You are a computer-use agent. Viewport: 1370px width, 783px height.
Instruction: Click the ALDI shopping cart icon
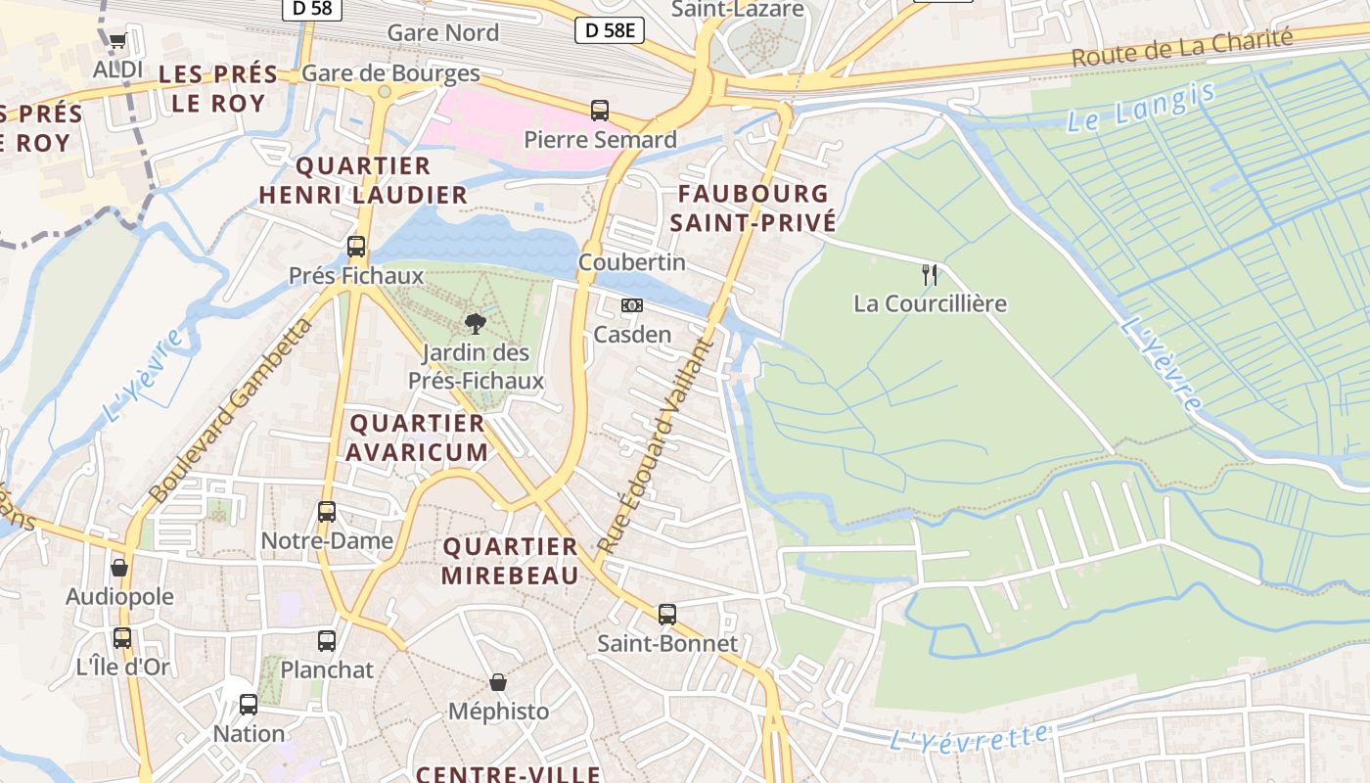coord(117,41)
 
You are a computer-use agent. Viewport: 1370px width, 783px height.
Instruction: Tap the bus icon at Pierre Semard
coord(600,110)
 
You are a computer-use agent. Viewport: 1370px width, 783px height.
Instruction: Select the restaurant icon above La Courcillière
coord(930,274)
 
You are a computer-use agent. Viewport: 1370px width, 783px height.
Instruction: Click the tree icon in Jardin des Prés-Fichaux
coord(475,323)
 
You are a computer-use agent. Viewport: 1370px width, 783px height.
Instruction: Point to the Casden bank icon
coord(632,305)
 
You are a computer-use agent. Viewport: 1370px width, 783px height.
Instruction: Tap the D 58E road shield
coord(609,31)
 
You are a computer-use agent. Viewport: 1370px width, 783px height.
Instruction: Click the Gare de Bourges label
coord(390,73)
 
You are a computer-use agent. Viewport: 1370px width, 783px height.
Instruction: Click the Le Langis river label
coord(1140,108)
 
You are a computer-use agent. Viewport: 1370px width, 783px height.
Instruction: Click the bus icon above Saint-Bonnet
coord(667,615)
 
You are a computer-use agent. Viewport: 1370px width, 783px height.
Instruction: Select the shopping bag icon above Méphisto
coord(498,681)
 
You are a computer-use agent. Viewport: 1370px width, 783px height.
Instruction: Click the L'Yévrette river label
coord(968,738)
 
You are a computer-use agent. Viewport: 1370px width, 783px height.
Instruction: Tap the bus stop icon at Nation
coord(249,704)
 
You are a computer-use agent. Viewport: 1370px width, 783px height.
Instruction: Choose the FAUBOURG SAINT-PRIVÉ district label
coord(753,207)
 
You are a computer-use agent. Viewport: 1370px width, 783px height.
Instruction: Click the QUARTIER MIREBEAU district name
coord(510,561)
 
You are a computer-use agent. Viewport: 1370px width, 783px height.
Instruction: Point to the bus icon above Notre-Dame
coord(327,511)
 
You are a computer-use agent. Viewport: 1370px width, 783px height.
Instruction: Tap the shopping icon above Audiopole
coord(119,568)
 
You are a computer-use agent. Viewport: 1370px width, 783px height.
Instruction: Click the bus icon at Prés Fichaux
coord(356,247)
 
